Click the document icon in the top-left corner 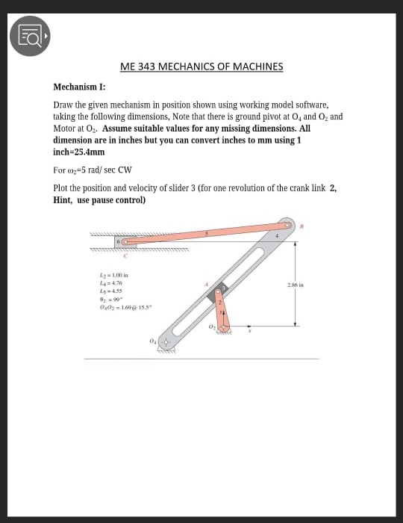pyautogui.click(x=29, y=35)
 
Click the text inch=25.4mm pyautogui.click(x=79, y=151)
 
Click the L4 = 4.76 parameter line pyautogui.click(x=110, y=284)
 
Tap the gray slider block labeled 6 pyautogui.click(x=119, y=242)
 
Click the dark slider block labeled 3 pyautogui.click(x=222, y=291)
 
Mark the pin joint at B pyautogui.click(x=287, y=224)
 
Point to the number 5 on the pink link pyautogui.click(x=207, y=233)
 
